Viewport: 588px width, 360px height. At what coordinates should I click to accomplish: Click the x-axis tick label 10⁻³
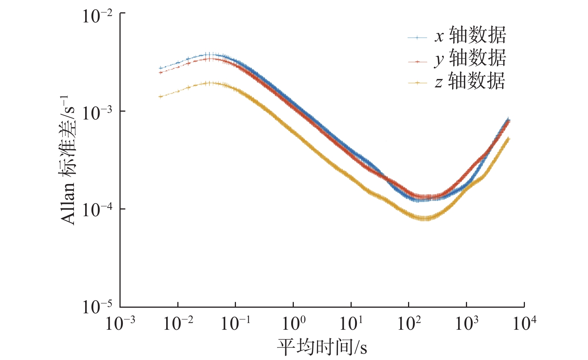pyautogui.click(x=120, y=323)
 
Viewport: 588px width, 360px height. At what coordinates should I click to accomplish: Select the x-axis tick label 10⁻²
pyautogui.click(x=178, y=323)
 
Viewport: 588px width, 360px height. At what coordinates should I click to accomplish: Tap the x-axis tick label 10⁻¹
pyautogui.click(x=236, y=323)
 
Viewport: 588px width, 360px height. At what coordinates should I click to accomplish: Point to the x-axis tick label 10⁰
pyautogui.click(x=293, y=323)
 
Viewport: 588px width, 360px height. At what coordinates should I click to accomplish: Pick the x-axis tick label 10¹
pyautogui.click(x=351, y=323)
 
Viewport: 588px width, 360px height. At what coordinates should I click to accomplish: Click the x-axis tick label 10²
pyautogui.click(x=409, y=323)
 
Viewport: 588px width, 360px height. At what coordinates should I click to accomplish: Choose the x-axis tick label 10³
pyautogui.click(x=466, y=323)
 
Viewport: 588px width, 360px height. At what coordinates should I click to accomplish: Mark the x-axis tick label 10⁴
pyautogui.click(x=524, y=323)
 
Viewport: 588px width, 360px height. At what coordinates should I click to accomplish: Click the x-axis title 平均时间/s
pyautogui.click(x=322, y=347)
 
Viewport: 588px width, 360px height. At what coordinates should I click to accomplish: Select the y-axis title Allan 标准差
pyautogui.click(x=68, y=160)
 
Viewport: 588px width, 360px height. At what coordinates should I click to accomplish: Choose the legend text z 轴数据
pyautogui.click(x=470, y=81)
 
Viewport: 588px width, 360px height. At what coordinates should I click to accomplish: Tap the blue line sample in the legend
pyautogui.click(x=417, y=38)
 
